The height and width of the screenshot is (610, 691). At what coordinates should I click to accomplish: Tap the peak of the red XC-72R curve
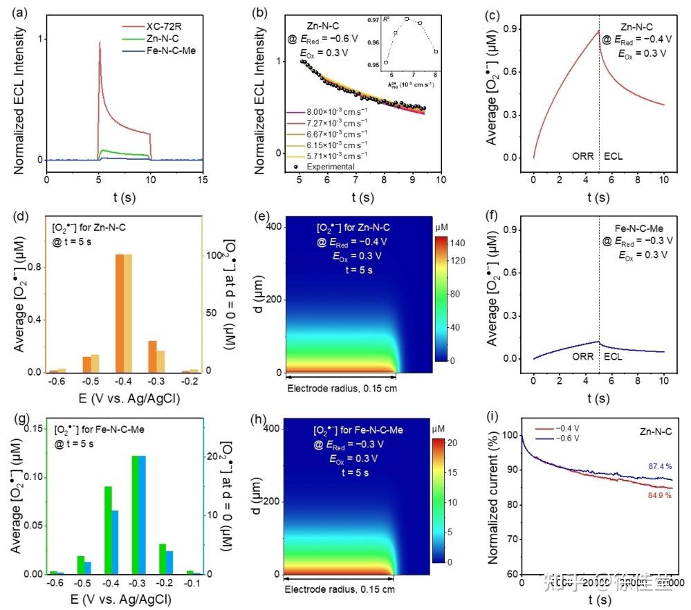tap(100, 43)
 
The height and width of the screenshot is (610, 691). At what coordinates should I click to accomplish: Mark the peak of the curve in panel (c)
tap(598, 30)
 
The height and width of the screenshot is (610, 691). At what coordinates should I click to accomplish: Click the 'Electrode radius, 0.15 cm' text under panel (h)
tap(341, 589)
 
